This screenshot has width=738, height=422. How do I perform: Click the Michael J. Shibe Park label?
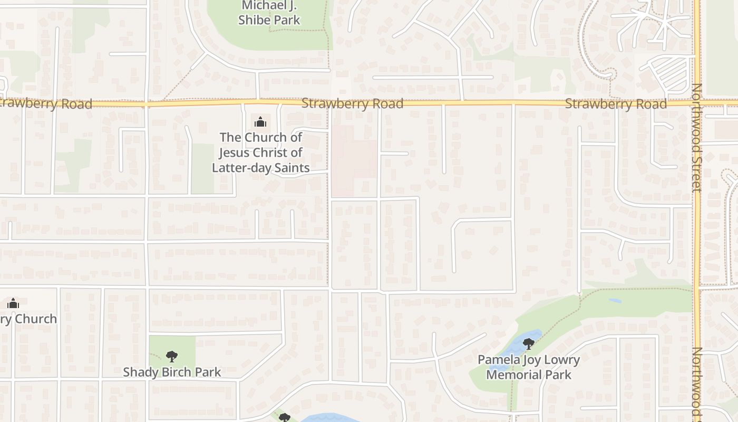269,13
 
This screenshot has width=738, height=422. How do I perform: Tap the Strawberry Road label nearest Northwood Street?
616,104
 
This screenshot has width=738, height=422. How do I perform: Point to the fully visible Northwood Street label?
697,137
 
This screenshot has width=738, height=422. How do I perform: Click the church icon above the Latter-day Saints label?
260,122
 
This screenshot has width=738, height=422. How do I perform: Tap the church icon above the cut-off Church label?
13,303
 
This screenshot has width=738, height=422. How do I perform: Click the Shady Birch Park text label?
172,372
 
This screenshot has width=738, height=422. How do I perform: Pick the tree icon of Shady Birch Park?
172,356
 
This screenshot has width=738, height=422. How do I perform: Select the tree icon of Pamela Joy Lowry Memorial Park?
528,344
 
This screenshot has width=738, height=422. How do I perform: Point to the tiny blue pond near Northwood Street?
615,301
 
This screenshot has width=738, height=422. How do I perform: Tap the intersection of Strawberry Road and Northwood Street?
696,102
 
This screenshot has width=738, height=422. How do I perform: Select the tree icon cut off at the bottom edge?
284,418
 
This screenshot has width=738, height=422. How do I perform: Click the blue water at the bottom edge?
329,418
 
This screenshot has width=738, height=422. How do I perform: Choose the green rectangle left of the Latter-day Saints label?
202,168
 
